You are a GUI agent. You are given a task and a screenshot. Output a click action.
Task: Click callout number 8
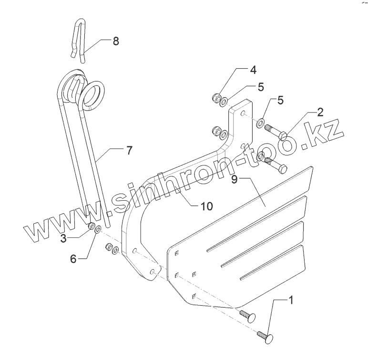coord(115,41)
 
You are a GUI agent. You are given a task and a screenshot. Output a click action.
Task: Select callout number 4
coord(253,70)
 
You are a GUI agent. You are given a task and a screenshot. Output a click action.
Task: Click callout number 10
coord(206,206)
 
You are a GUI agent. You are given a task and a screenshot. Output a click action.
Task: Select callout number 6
coord(73,259)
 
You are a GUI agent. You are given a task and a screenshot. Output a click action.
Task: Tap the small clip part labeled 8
coord(80,41)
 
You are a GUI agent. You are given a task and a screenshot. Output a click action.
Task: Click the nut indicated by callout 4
coord(215,99)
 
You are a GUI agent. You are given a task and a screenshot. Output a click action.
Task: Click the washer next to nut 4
coord(224,101)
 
